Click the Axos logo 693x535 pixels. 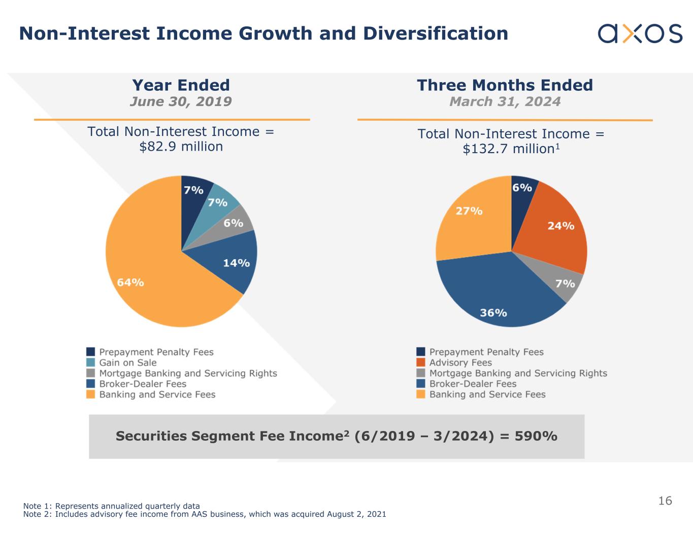[x=640, y=33]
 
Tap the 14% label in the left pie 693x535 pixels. [x=236, y=263]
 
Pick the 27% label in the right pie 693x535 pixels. [x=469, y=210]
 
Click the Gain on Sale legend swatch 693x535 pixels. [x=90, y=363]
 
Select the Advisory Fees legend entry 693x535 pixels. [x=460, y=363]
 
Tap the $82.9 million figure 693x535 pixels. [x=181, y=147]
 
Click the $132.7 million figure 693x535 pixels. [x=508, y=149]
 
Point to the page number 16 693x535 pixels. [x=665, y=501]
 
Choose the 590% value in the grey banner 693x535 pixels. [x=536, y=436]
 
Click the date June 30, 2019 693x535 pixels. [x=181, y=101]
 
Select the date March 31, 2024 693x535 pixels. [x=505, y=101]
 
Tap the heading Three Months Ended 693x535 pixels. [x=505, y=85]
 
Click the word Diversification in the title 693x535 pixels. [x=436, y=33]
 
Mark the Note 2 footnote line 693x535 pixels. [x=205, y=514]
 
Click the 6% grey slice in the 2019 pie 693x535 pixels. [x=239, y=222]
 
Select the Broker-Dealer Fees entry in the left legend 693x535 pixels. [x=143, y=384]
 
